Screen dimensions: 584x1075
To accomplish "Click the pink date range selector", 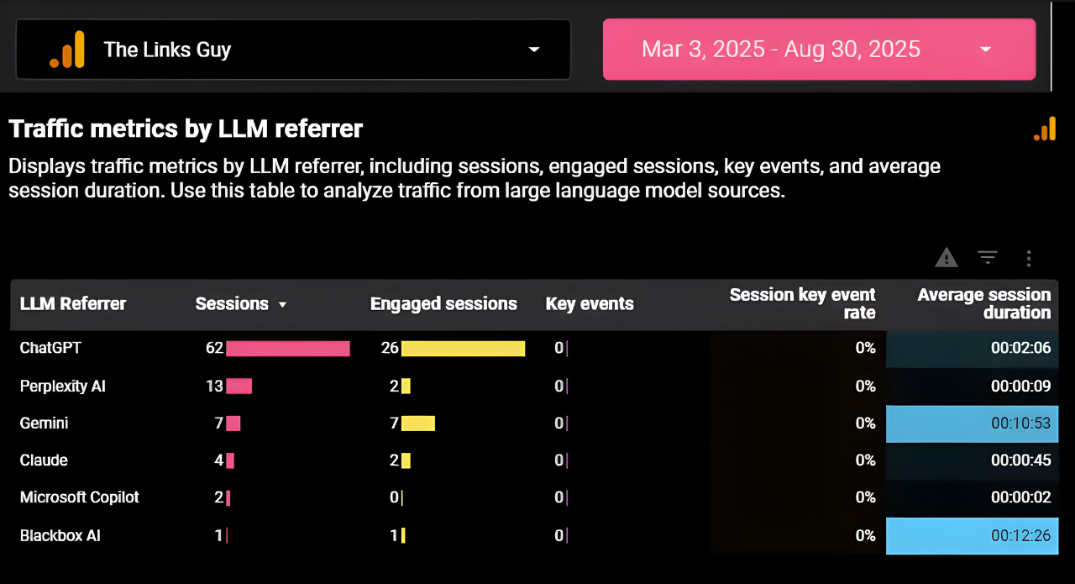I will point(819,50).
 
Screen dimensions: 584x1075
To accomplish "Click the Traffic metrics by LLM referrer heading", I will point(186,129).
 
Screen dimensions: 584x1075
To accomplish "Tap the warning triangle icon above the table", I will point(947,258).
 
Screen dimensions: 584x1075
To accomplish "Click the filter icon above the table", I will point(988,258).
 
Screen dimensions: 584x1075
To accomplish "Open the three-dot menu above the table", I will point(1028,258).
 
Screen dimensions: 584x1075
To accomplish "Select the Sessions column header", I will point(233,304).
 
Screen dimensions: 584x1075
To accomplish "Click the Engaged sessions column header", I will point(443,304).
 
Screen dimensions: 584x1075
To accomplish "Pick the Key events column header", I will point(590,304).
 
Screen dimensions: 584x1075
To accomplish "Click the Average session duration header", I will point(983,304).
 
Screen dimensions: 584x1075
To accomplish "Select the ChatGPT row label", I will point(50,348).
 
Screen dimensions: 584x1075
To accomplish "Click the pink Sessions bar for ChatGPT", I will point(287,348).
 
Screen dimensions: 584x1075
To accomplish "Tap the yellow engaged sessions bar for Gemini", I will point(418,424).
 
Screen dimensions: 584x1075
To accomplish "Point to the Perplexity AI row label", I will point(63,387).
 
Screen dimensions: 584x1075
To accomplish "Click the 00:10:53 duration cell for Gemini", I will point(1020,424).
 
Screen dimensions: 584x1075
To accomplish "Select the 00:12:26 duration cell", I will point(1020,535).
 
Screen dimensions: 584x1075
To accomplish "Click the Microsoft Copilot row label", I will point(80,497).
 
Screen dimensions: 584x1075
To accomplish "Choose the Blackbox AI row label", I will point(60,535).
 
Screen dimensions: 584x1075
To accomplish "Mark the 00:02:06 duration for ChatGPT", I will point(1020,348).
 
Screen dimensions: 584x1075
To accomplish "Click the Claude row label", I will point(44,460).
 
